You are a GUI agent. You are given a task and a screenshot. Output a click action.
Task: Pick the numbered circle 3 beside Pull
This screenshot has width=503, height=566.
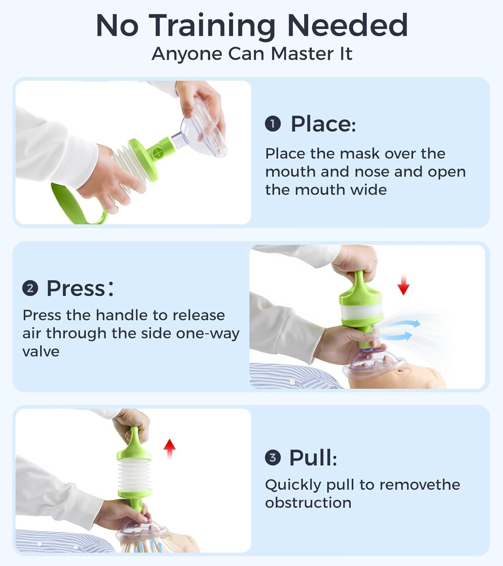pos(273,458)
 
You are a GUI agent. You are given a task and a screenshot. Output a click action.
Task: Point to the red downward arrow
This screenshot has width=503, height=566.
pos(403,285)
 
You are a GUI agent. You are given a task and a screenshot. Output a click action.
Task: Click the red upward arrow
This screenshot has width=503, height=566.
pos(170,449)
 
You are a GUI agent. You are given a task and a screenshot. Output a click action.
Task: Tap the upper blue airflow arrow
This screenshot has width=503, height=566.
pos(402,324)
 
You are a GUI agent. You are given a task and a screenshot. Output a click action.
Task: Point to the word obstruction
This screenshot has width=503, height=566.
pos(308,503)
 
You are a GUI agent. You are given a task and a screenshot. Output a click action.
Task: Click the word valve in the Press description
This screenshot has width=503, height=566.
pos(41,352)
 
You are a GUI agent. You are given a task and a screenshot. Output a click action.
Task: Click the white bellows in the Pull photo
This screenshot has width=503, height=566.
pos(134,475)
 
